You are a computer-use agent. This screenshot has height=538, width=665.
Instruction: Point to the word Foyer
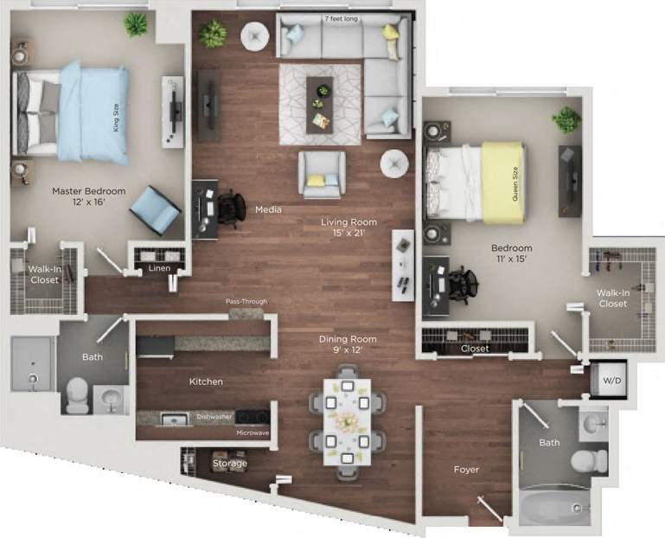[x=466, y=470]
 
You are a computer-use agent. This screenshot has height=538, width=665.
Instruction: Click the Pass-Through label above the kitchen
[x=246, y=302]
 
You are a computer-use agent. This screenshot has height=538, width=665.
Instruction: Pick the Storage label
[x=229, y=464]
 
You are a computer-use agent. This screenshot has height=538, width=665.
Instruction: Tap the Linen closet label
[x=160, y=268]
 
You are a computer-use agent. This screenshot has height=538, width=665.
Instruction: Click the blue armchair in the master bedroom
[x=160, y=208]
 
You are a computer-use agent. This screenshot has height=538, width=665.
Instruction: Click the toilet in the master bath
[x=76, y=394]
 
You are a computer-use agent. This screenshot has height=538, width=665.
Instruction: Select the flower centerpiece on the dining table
[x=346, y=421]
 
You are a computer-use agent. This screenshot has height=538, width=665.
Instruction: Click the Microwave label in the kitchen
[x=253, y=432]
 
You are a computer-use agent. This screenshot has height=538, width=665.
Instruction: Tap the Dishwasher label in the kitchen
[x=214, y=417]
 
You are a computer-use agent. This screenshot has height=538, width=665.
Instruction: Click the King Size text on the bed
[x=115, y=115]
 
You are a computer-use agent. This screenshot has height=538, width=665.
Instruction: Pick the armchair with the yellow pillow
[x=322, y=174]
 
